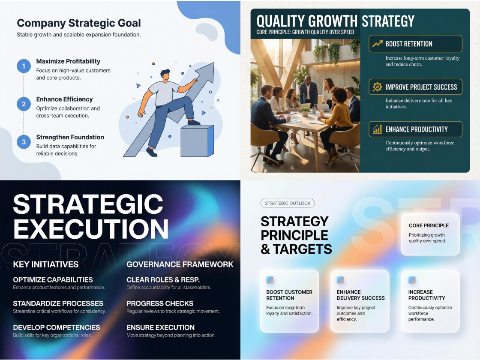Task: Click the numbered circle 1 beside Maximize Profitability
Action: pos(24,66)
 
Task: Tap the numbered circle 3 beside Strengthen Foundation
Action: pos(24,142)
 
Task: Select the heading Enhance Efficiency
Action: pos(64,99)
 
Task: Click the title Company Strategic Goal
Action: pos(79,23)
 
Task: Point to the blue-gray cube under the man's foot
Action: pos(197,141)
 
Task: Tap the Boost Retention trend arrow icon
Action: pos(378,44)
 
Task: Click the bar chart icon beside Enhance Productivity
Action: pos(378,129)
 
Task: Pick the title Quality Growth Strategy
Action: pos(335,21)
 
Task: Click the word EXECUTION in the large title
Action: pos(91,229)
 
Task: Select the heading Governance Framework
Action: pos(180,264)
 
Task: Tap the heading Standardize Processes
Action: pos(58,303)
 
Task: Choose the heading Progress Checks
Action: pos(160,303)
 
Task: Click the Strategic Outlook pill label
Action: pos(288,204)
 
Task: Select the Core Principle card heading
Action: pos(429,225)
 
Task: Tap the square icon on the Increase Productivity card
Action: pos(412,280)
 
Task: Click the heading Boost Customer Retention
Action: pos(289,295)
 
